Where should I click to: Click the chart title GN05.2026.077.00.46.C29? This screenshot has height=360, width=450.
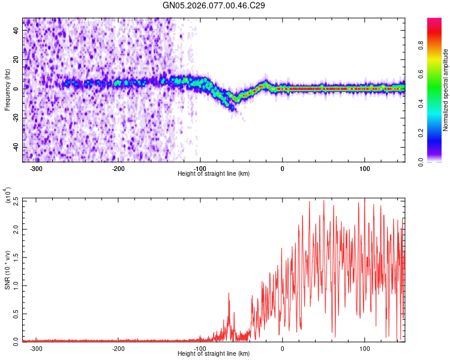click(x=214, y=5)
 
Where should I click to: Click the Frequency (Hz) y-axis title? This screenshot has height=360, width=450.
click(x=7, y=90)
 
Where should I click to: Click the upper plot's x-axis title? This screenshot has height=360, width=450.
click(x=214, y=174)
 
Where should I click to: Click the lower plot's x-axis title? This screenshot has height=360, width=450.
click(x=214, y=354)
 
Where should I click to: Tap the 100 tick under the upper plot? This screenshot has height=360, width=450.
click(x=365, y=168)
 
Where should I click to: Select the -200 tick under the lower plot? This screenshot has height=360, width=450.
click(x=118, y=348)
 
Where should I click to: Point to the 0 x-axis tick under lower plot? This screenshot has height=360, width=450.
click(x=283, y=348)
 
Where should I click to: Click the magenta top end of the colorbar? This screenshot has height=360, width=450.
click(x=434, y=21)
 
